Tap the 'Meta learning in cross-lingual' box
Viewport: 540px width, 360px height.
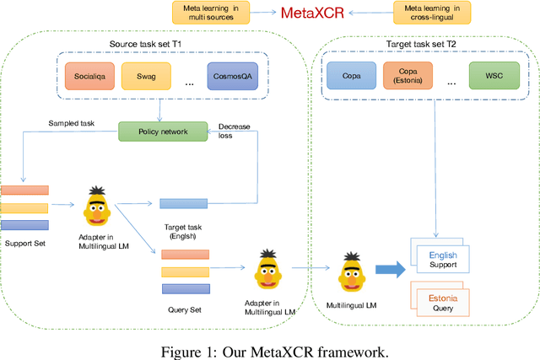pyautogui.click(x=432, y=12)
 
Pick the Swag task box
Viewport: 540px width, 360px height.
pyautogui.click(x=145, y=77)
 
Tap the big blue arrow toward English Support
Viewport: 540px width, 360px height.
pyautogui.click(x=391, y=268)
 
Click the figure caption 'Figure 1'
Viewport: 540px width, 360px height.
pyautogui.click(x=270, y=349)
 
